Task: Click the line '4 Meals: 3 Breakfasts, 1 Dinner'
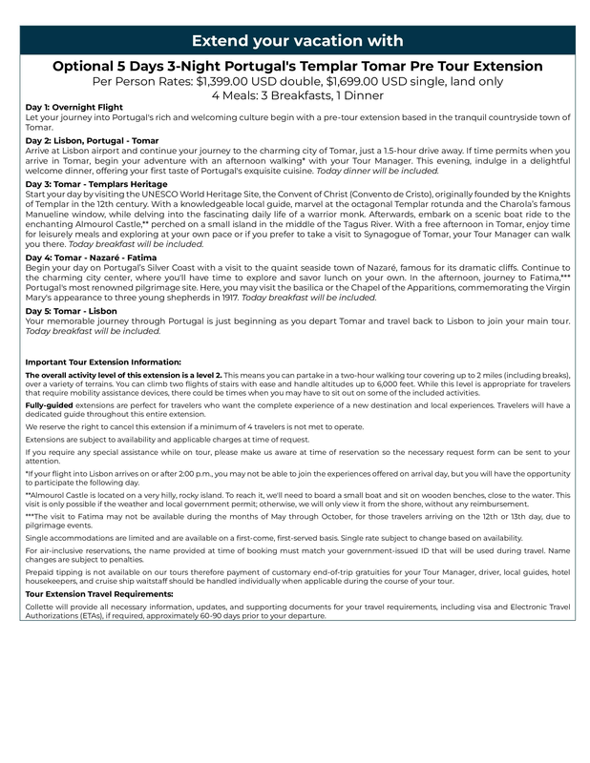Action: click(297, 95)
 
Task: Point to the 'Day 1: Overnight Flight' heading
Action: click(74, 108)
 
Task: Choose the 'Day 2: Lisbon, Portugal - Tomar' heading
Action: click(92, 140)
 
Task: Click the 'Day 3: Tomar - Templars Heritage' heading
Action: click(97, 183)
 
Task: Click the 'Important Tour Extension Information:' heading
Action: click(103, 362)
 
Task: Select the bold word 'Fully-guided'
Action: click(49, 405)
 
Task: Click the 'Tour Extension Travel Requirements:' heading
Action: click(99, 594)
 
